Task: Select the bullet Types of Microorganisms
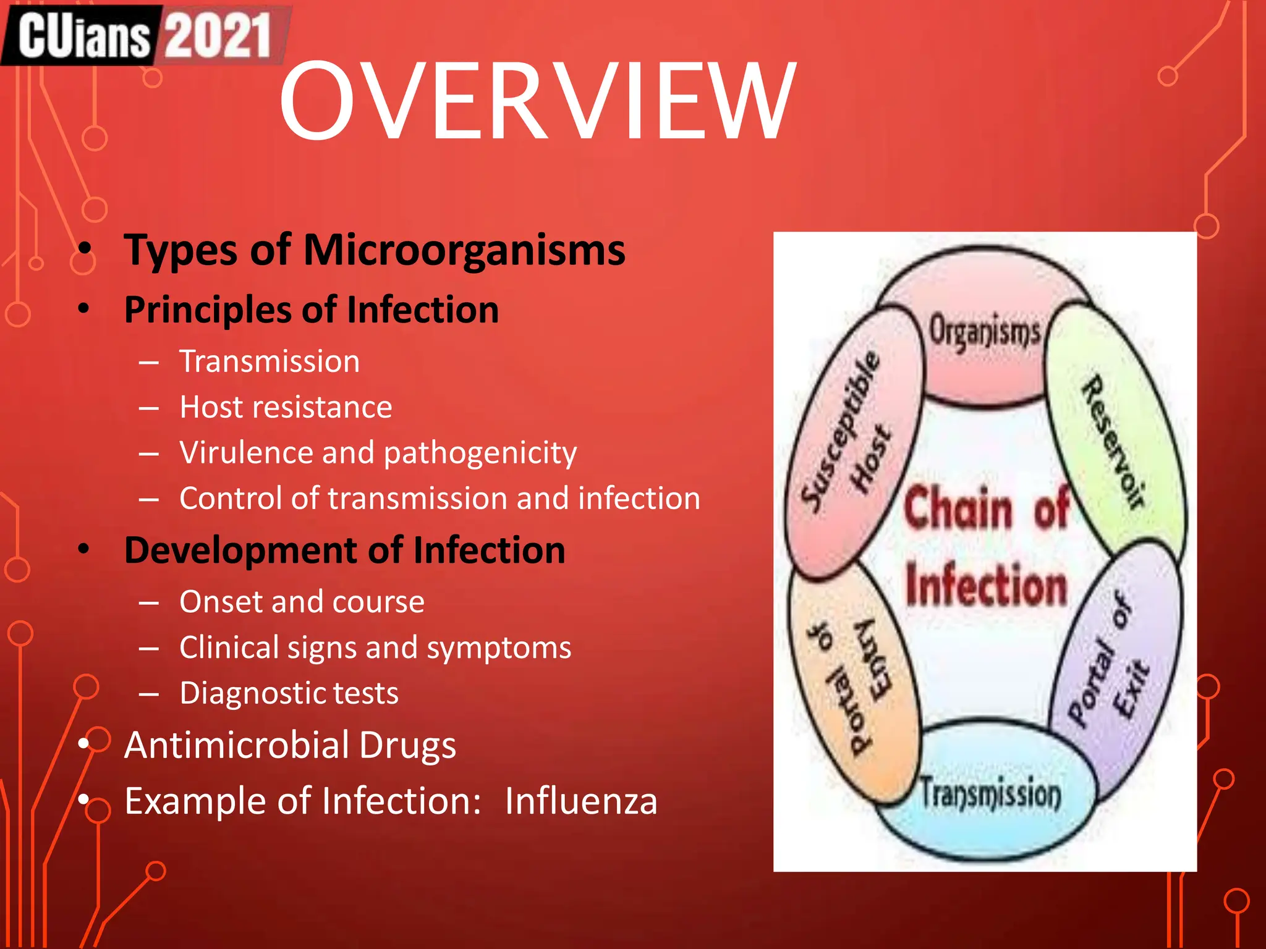click(374, 250)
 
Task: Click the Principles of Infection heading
click(311, 310)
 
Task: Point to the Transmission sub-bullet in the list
click(270, 361)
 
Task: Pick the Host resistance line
click(286, 407)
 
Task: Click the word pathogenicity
click(480, 453)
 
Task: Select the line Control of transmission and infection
click(440, 499)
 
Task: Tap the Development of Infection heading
click(344, 550)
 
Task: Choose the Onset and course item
click(302, 602)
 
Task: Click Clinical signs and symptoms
click(375, 647)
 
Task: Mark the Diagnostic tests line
click(289, 693)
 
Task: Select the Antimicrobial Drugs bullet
click(290, 745)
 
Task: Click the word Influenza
click(580, 801)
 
